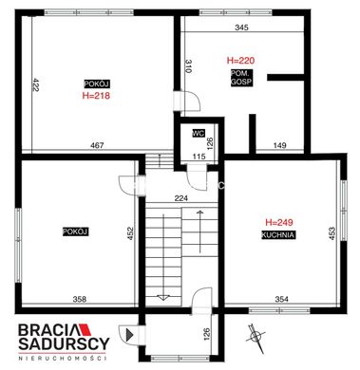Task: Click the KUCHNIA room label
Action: point(278,235)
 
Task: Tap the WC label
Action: point(199,133)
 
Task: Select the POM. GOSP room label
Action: point(242,78)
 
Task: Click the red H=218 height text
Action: point(96,96)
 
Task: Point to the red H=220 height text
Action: point(240,60)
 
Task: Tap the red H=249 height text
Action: point(279,222)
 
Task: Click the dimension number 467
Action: point(97,145)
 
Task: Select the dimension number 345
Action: point(242,28)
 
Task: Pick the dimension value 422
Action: point(35,84)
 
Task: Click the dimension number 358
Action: point(80,299)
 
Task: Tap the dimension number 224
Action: point(181,198)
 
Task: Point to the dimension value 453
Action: point(332,233)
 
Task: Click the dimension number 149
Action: point(279,145)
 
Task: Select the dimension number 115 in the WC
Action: point(199,157)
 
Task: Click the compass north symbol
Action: point(256,338)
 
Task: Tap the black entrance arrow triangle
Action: point(129,335)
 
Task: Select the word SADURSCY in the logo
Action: point(64,343)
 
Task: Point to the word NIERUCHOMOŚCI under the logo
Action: point(62,359)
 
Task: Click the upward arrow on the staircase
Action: point(199,231)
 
